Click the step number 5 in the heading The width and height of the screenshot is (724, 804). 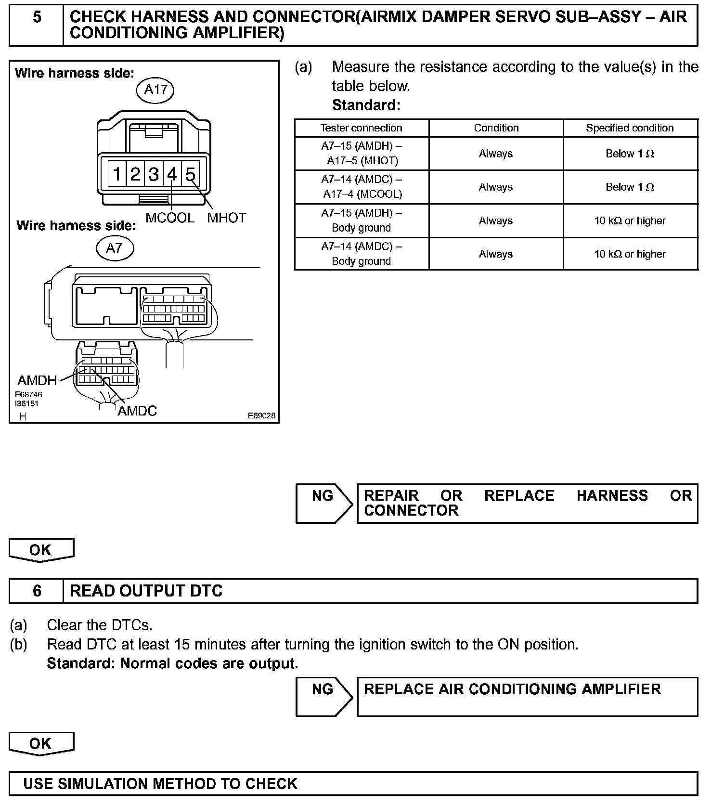pyautogui.click(x=37, y=18)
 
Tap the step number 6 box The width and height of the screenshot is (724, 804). pyautogui.click(x=37, y=591)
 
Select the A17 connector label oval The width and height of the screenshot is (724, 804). pyautogui.click(x=155, y=90)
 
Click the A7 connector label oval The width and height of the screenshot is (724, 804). pyautogui.click(x=114, y=248)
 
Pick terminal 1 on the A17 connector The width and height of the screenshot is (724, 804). pyautogui.click(x=117, y=174)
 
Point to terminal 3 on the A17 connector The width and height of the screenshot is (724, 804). pyautogui.click(x=154, y=174)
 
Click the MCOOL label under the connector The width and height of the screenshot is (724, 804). pyautogui.click(x=170, y=218)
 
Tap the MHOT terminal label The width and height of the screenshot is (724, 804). pyautogui.click(x=227, y=218)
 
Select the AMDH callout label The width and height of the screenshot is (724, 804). pyautogui.click(x=37, y=381)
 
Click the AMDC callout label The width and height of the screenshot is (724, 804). pyautogui.click(x=137, y=411)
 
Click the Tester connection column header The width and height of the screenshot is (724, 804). pyautogui.click(x=361, y=128)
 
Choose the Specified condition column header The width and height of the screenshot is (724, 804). pyautogui.click(x=630, y=128)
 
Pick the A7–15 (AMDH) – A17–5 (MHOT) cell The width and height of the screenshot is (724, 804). pyautogui.click(x=361, y=154)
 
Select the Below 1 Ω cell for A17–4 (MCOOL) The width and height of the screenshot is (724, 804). pyautogui.click(x=630, y=187)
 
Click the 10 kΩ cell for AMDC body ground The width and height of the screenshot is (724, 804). pyautogui.click(x=630, y=254)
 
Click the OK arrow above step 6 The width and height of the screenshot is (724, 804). pyautogui.click(x=41, y=550)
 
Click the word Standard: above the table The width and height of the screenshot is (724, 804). pyautogui.click(x=366, y=105)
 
